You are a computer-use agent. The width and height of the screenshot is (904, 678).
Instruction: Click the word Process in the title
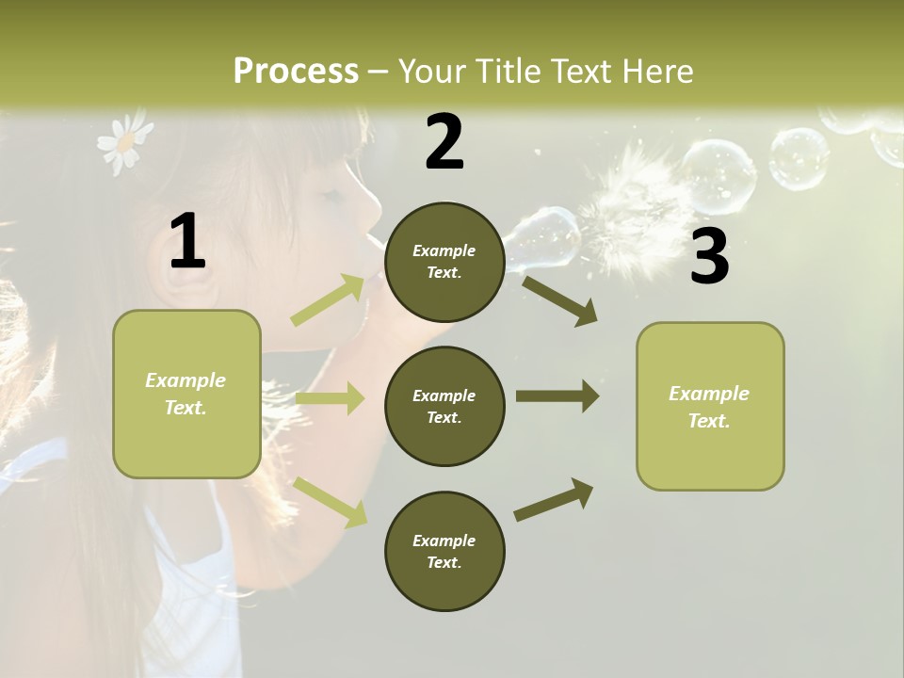[296, 71]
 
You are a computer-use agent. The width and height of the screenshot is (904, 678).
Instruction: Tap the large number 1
[187, 242]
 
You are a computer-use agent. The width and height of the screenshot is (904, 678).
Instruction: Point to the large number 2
[444, 141]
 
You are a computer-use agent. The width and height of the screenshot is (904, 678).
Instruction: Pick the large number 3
[709, 257]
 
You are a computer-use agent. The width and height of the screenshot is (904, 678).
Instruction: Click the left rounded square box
[186, 394]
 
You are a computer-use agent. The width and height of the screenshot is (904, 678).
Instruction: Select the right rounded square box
[710, 407]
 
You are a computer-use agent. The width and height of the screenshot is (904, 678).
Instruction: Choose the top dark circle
[444, 262]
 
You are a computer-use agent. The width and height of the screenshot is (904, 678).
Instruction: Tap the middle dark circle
[444, 406]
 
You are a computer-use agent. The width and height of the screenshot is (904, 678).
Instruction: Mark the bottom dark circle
[444, 551]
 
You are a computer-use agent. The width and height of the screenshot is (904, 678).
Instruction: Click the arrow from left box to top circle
[328, 300]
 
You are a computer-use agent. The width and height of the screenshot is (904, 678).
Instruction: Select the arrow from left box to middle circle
[330, 398]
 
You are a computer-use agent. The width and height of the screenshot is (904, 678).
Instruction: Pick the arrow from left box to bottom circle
[330, 501]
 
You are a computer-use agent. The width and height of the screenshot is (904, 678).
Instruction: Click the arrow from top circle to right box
[559, 300]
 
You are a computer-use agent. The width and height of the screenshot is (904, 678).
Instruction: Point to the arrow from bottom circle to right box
[554, 500]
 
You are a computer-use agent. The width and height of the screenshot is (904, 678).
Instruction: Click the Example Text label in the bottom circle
[444, 551]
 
